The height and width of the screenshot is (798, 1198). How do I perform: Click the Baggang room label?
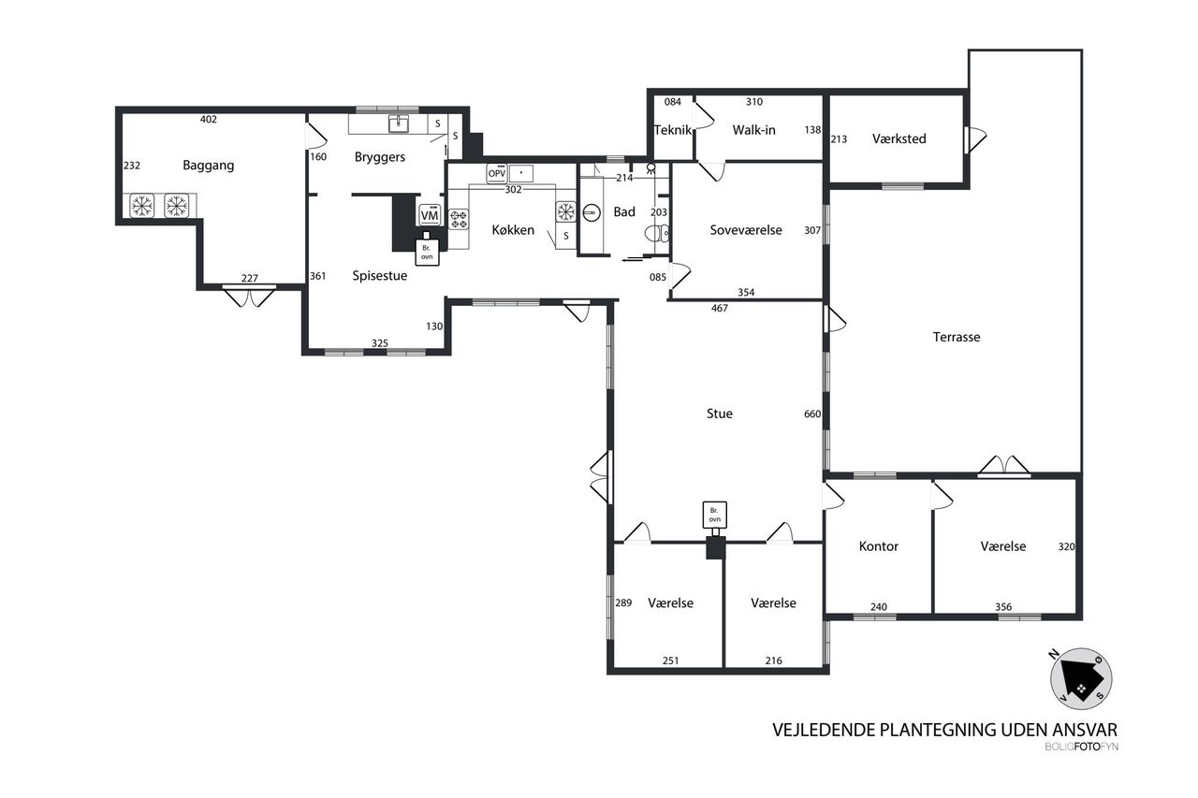[208, 166]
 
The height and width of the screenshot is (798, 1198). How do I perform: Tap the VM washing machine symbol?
[430, 215]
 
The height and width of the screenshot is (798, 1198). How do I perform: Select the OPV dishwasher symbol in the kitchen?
[497, 174]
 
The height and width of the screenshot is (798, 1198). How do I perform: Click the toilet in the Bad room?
[657, 234]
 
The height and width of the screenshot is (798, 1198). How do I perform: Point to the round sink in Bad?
[591, 212]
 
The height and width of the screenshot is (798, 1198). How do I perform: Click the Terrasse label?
[957, 338]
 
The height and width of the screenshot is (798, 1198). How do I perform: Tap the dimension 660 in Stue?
[811, 414]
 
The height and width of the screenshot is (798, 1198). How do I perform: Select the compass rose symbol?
[1081, 679]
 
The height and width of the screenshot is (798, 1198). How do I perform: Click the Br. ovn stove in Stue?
[714, 515]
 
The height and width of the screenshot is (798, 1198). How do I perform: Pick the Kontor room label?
[878, 546]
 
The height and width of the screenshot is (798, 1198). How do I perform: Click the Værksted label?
[899, 139]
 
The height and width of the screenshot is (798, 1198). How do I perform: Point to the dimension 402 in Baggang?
[208, 119]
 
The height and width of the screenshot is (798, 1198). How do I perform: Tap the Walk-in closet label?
[753, 130]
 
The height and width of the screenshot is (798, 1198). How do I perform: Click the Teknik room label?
[673, 130]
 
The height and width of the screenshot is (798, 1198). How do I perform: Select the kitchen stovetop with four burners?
[459, 219]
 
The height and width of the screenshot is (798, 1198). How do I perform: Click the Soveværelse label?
[746, 230]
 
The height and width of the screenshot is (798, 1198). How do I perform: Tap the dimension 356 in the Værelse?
[1003, 606]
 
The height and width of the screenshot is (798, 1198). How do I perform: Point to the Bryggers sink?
[398, 124]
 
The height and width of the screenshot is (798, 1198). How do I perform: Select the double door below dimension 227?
[249, 297]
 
